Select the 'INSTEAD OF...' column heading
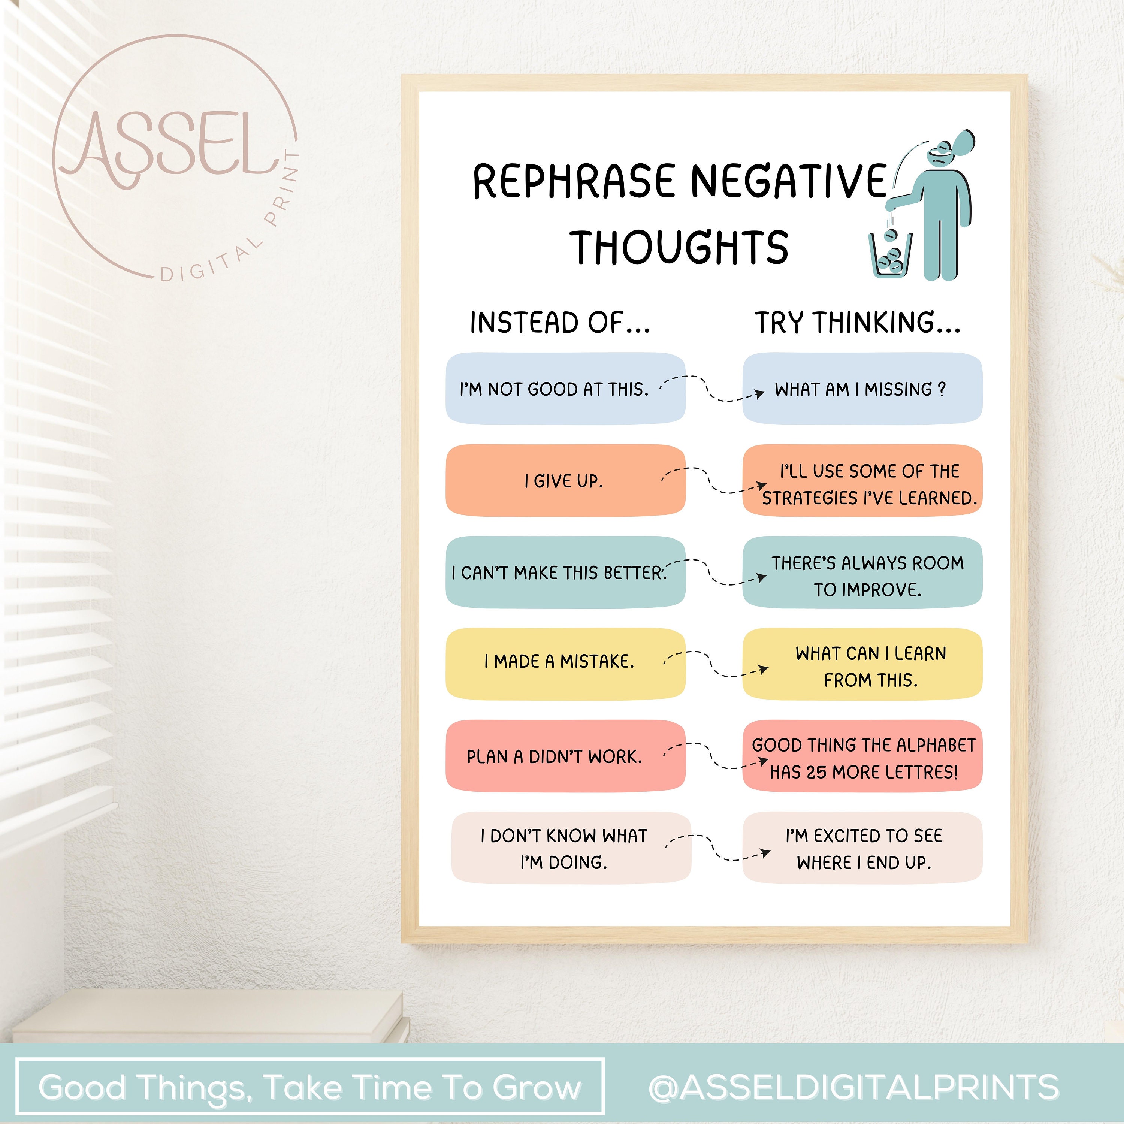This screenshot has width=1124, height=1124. pyautogui.click(x=560, y=323)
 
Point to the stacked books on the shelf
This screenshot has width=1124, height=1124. pyautogui.click(x=209, y=1012)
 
